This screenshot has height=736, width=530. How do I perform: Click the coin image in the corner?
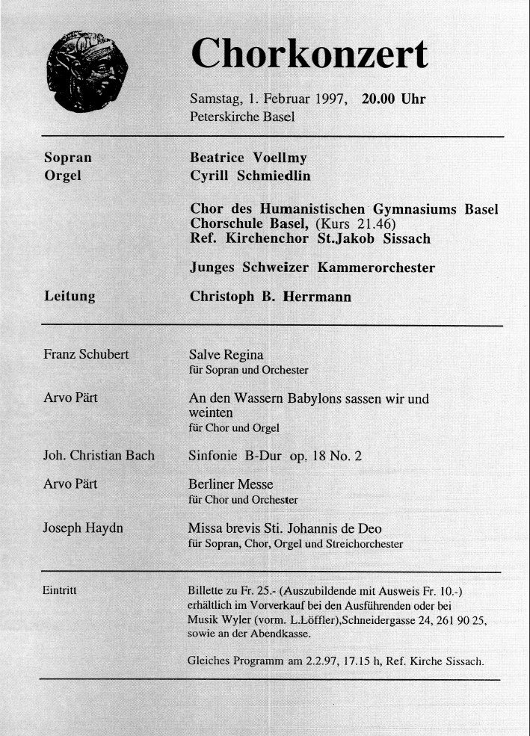pyautogui.click(x=87, y=72)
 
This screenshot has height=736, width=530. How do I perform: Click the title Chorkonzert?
pyautogui.click(x=309, y=55)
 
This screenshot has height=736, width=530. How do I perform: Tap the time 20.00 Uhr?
pyautogui.click(x=393, y=99)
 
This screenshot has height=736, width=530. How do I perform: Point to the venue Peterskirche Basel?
pyautogui.click(x=243, y=117)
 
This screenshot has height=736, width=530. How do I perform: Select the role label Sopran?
pyautogui.click(x=68, y=158)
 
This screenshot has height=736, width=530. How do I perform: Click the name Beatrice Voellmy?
pyautogui.click(x=248, y=158)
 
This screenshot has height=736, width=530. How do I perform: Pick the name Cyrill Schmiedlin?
pyautogui.click(x=250, y=176)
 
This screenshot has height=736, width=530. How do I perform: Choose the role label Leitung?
pyautogui.click(x=70, y=297)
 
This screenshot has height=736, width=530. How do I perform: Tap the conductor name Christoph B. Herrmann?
pyautogui.click(x=270, y=297)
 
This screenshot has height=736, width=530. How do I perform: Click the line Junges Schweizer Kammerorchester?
pyautogui.click(x=312, y=268)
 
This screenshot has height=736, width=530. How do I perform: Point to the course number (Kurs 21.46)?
pyautogui.click(x=355, y=224)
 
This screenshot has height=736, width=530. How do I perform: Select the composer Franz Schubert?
pyautogui.click(x=86, y=354)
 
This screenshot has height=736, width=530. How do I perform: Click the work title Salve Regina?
pyautogui.click(x=226, y=354)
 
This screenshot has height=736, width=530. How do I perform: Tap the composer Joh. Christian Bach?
pyautogui.click(x=99, y=455)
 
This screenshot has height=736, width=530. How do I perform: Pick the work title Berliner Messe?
pyautogui.click(x=231, y=484)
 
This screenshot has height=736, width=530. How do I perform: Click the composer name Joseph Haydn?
pyautogui.click(x=84, y=528)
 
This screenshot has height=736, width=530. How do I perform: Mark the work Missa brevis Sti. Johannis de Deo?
pyautogui.click(x=295, y=529)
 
